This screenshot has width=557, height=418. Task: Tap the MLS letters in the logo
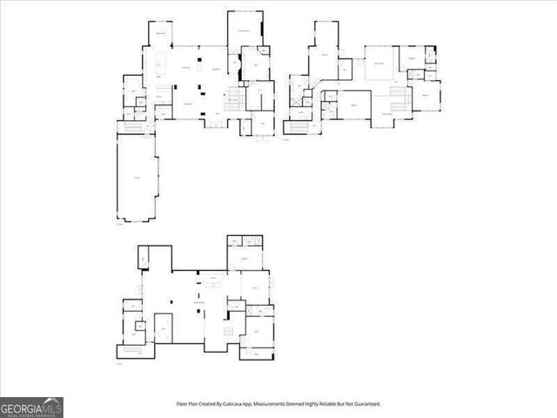[x=51, y=406]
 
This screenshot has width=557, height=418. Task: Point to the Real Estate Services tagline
[x=31, y=415]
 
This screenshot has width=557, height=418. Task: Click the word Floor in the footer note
[x=182, y=404]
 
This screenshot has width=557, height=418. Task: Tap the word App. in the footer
[x=249, y=404]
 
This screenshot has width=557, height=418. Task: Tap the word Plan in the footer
[x=193, y=404]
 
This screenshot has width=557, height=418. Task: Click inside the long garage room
[x=137, y=179]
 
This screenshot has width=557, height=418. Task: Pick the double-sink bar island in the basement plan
[x=213, y=285]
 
